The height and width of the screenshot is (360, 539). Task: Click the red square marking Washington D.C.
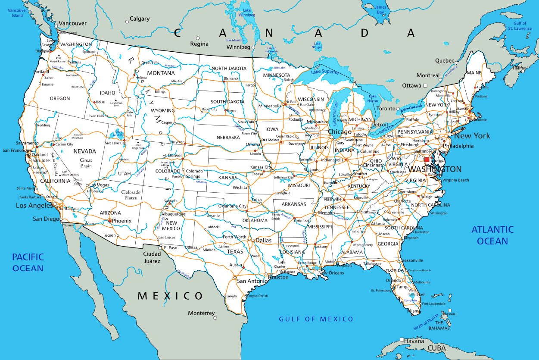tap(427, 160)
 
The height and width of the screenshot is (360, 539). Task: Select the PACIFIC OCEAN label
tap(28, 263)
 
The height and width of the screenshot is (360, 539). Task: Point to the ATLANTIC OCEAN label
tap(492, 235)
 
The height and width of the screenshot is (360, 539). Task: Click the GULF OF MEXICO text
tap(316, 319)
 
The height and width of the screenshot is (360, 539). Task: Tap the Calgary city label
tap(140, 19)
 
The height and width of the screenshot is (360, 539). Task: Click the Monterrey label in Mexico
tap(201, 313)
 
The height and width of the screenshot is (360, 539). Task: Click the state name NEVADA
tap(84, 151)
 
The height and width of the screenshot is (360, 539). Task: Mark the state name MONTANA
tap(161, 73)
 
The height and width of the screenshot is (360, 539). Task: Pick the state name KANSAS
tap(227, 178)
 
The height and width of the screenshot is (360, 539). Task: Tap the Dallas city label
tap(263, 241)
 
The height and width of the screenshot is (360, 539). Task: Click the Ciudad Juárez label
tap(152, 257)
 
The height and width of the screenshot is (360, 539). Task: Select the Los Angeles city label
tap(34, 206)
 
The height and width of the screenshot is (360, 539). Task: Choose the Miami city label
tap(414, 311)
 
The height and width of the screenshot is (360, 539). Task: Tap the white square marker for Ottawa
tap(425, 86)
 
